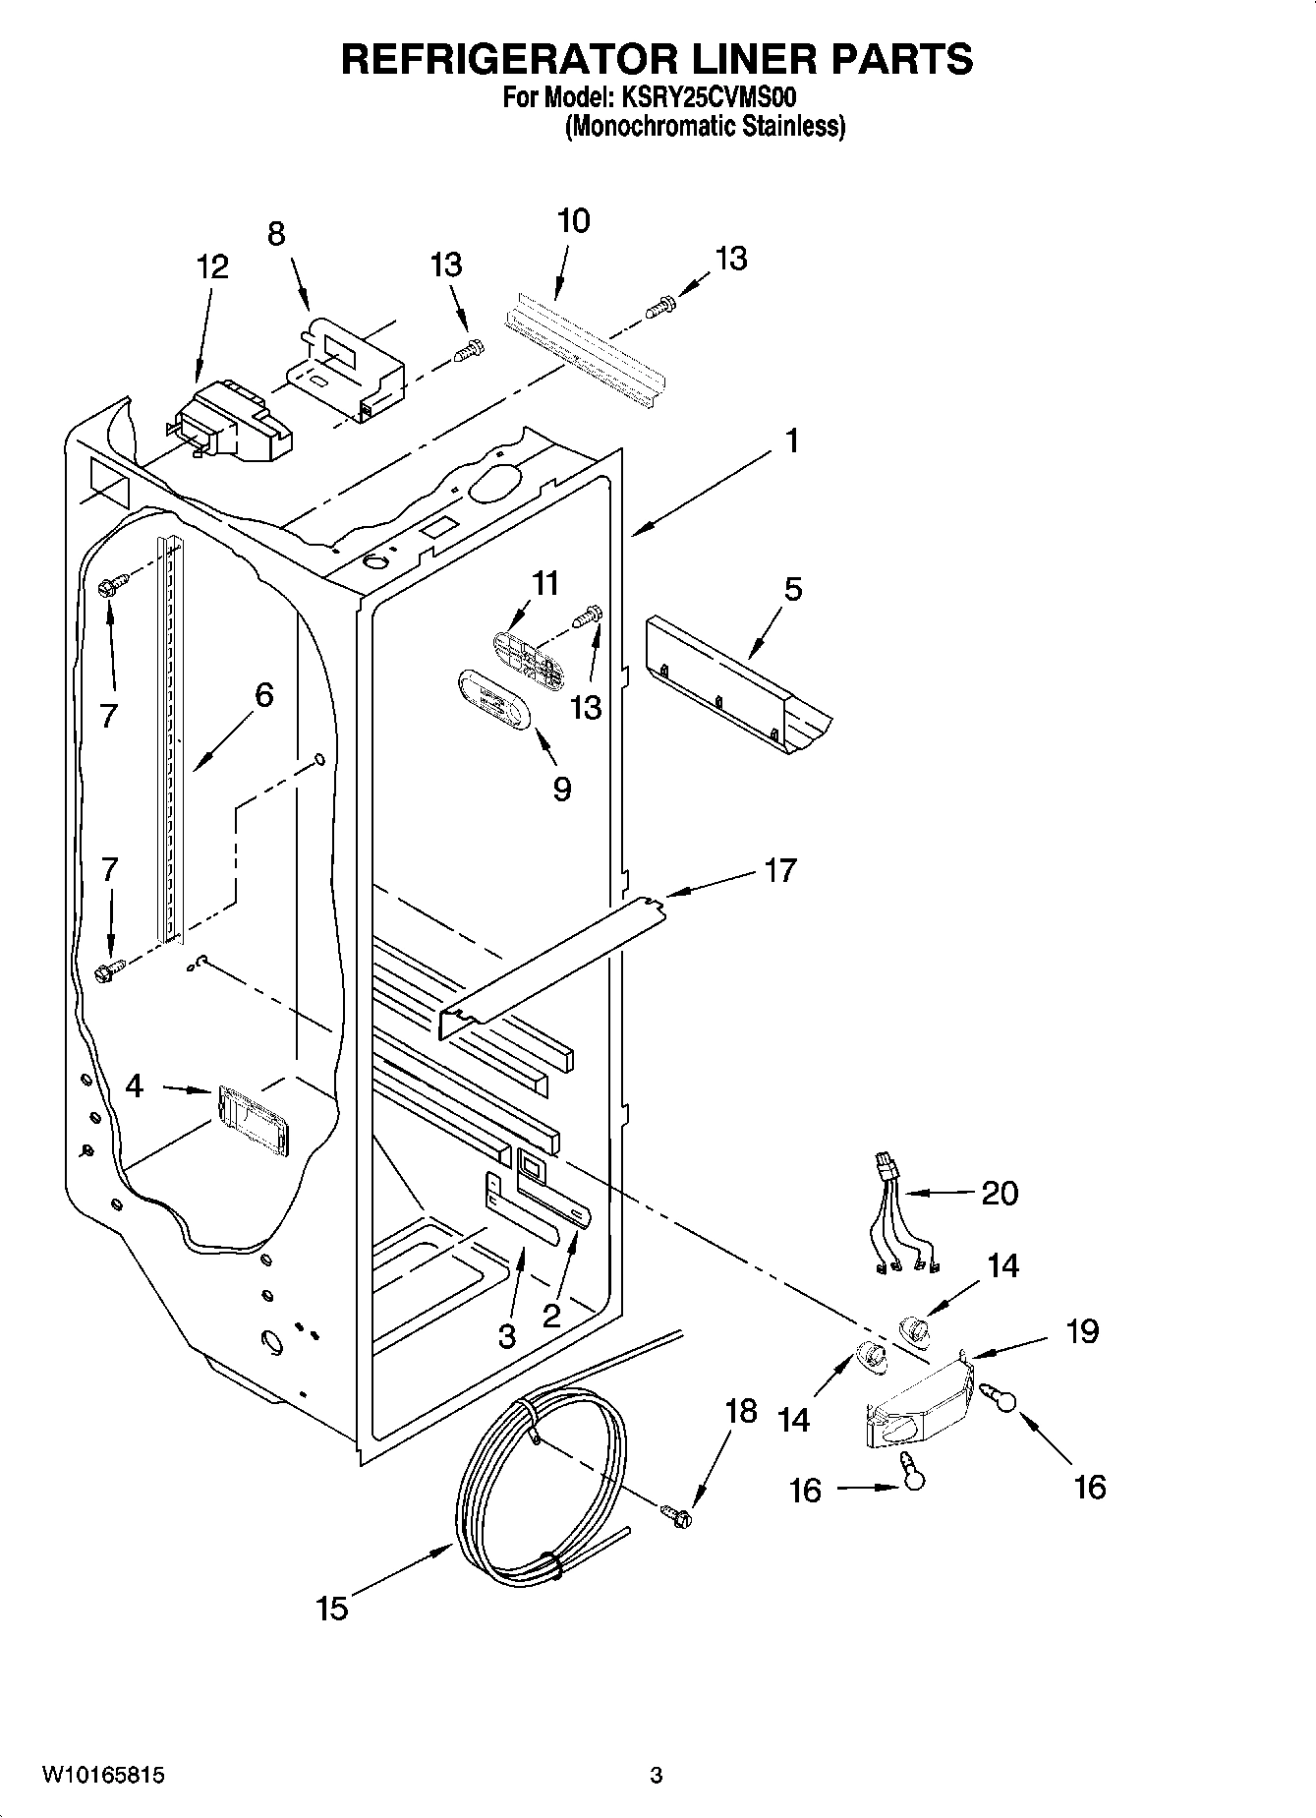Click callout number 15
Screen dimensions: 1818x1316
332,1609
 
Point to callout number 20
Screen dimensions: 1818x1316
1000,1193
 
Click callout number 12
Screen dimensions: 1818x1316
212,266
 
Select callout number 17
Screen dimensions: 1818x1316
780,870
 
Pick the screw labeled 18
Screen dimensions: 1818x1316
676,1516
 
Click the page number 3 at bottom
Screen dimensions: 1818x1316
657,1776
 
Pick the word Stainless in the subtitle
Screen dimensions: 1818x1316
791,126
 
